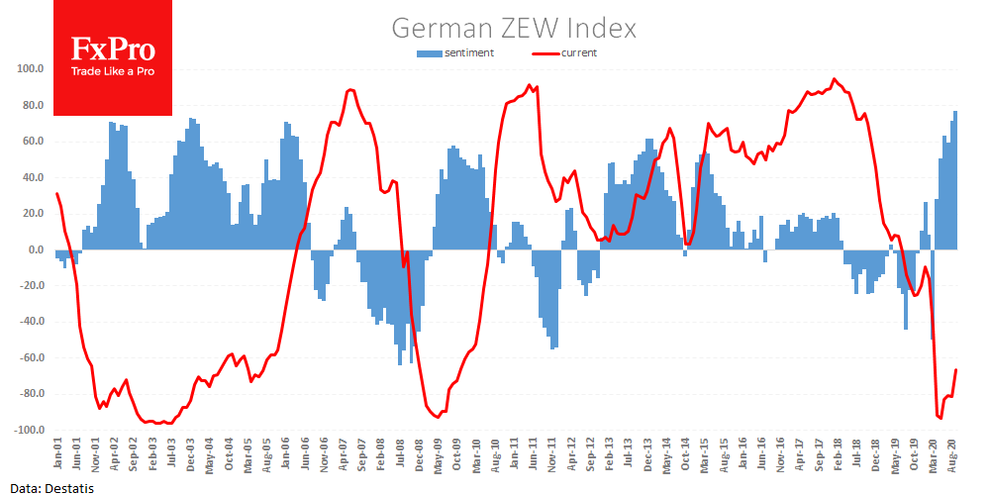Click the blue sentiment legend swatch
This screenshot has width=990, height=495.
tap(430, 52)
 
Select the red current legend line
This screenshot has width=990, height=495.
tap(545, 52)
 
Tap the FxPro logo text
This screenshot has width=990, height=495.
tap(113, 50)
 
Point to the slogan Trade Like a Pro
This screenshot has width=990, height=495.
tap(113, 73)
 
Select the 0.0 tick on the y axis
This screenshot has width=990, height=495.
tap(33, 249)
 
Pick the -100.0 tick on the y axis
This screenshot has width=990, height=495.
tap(26, 431)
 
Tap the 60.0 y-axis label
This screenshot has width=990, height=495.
tap(31, 142)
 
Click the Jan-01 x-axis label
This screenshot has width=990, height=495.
tap(57, 458)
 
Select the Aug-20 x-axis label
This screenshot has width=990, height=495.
tap(953, 458)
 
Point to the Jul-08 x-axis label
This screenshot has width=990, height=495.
tap(400, 458)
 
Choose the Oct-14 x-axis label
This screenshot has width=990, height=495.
tap(685, 458)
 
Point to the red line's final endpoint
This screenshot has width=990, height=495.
tap(956, 369)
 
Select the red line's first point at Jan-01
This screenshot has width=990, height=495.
tap(56, 194)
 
